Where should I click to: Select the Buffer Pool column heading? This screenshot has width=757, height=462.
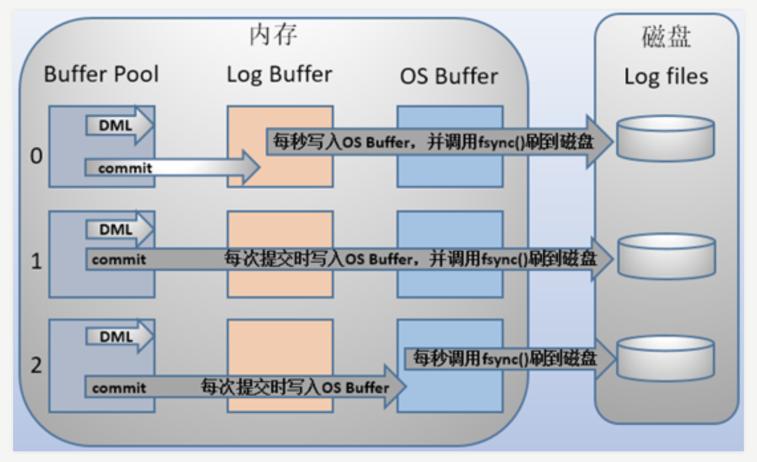coord(102,74)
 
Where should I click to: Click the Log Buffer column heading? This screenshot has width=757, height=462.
coord(279,74)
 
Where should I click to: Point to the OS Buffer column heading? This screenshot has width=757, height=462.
coord(449,76)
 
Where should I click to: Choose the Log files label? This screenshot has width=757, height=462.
coord(666,76)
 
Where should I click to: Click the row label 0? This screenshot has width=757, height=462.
coord(37,157)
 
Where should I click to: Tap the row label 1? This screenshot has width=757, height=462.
coord(37,261)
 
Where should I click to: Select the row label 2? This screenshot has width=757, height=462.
coord(37,365)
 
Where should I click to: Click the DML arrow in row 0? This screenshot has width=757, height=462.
coord(119,123)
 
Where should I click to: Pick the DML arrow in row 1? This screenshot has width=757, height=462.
coord(119,230)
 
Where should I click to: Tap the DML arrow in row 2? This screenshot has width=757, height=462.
coord(119,337)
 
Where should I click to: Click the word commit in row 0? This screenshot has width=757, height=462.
coord(125,169)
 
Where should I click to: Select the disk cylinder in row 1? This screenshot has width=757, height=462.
coord(665,256)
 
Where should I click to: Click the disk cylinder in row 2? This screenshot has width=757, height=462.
coord(665,358)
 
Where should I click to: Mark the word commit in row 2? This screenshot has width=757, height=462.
coord(119,388)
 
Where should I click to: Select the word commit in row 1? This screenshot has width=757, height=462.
coord(119,260)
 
